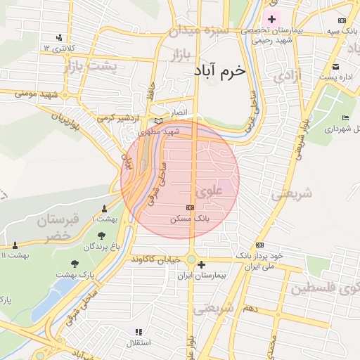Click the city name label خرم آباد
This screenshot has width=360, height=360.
220,71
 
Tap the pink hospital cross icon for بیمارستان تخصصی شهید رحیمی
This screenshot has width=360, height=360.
272,18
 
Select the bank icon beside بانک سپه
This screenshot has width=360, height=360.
342,21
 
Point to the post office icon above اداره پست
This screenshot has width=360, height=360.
336,67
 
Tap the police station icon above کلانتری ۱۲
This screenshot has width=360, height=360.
59,37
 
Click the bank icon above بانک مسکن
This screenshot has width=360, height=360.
190,208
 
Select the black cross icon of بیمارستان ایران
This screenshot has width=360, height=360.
202,265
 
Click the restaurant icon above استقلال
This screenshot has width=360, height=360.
139,331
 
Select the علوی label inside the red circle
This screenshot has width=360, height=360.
211,191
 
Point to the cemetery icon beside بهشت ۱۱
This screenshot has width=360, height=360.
14,245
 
